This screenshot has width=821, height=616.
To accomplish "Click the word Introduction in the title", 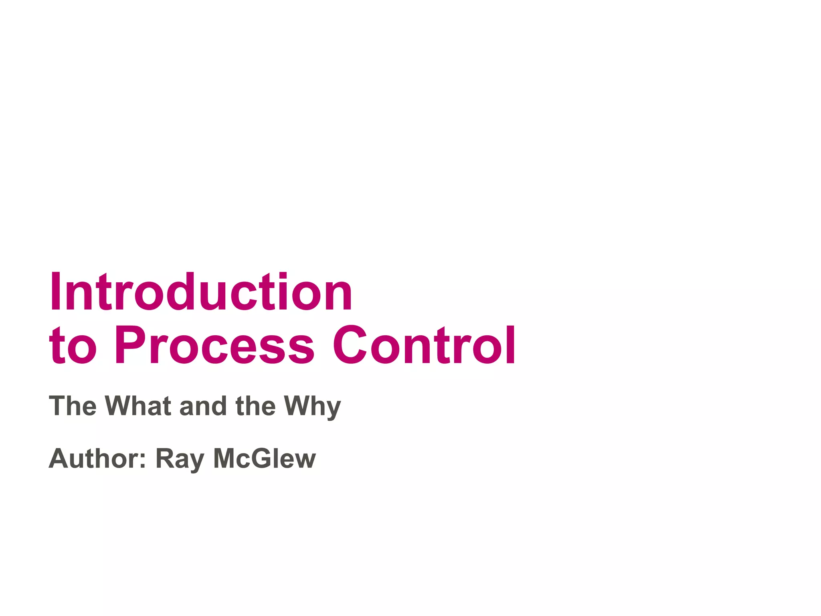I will click(x=200, y=292).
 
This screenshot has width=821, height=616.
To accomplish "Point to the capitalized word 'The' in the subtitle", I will click(x=73, y=406).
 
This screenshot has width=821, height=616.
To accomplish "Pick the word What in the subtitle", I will click(x=138, y=406).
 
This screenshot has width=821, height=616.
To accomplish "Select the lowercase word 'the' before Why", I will click(x=255, y=406).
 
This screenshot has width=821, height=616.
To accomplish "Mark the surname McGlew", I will click(x=265, y=458).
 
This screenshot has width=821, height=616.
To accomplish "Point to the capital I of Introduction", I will click(x=57, y=292).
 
